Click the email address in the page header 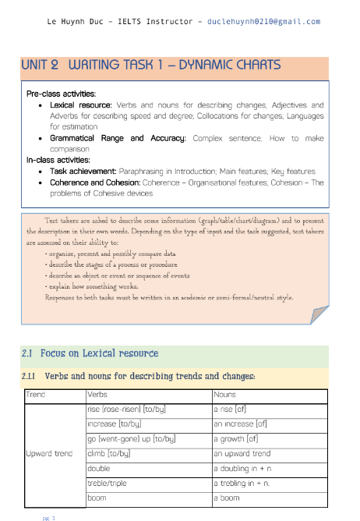pos(264,21)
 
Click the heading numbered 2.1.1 pos(140,377)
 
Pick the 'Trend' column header pos(36,395)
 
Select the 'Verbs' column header pos(97,395)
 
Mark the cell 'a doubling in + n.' pos(245,468)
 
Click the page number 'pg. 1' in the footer pos(49,516)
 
